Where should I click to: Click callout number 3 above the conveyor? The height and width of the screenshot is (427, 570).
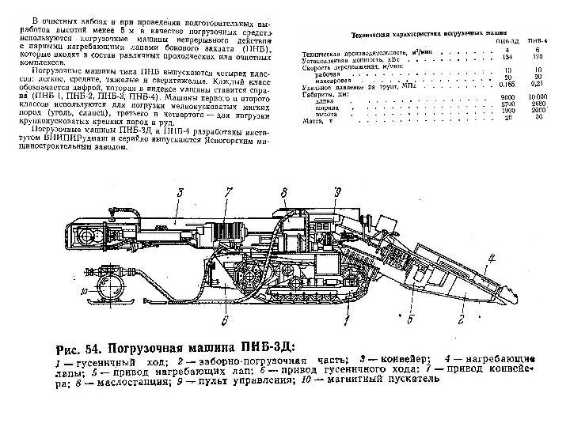(x=180, y=192)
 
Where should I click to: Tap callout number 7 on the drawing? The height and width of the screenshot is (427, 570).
(x=228, y=192)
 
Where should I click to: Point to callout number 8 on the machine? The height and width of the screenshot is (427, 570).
(x=283, y=192)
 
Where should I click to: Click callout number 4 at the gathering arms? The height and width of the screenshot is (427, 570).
(x=492, y=255)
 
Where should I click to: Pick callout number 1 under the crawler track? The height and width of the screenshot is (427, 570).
(x=346, y=320)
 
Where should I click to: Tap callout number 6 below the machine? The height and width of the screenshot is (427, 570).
(x=225, y=319)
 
